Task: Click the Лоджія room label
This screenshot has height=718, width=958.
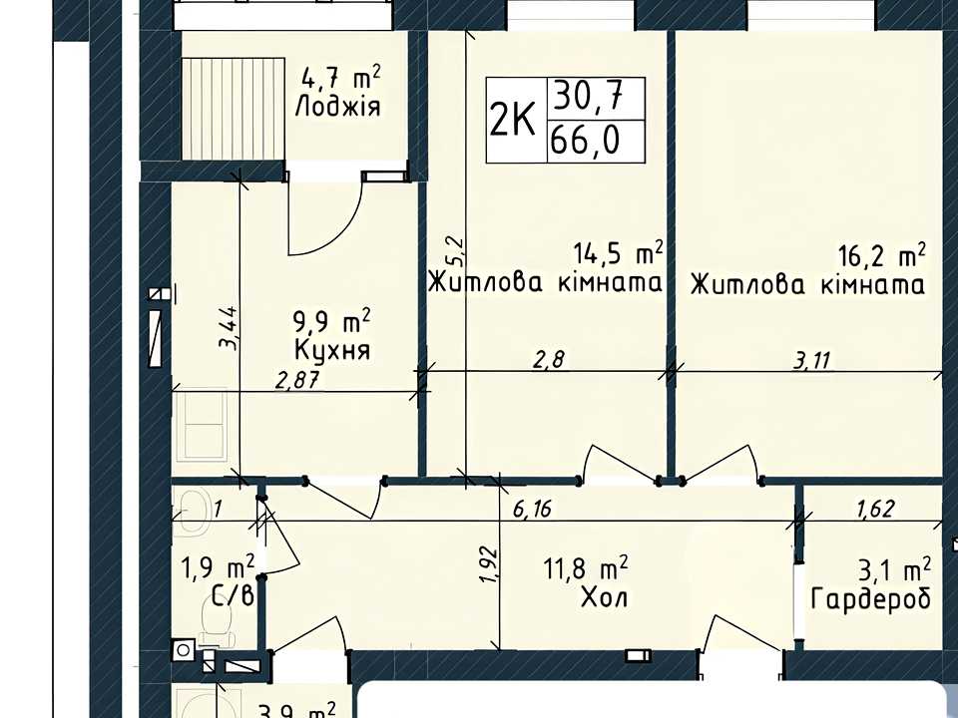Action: tap(337, 107)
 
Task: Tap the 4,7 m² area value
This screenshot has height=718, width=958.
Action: tap(341, 78)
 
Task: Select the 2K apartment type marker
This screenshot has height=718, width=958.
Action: tap(513, 120)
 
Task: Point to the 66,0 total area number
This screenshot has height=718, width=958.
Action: tap(585, 141)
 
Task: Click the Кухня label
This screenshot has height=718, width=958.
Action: tap(331, 350)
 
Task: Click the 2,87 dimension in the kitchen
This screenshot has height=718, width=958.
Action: tap(297, 381)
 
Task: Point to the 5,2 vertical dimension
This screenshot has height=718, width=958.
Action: tap(456, 250)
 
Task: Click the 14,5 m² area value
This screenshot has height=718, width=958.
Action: tap(619, 252)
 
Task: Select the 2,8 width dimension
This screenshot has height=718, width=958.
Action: tap(550, 360)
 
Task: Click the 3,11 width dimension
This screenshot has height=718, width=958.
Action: tap(812, 361)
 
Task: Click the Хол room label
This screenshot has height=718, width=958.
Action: tap(604, 597)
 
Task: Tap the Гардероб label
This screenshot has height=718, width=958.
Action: tap(871, 598)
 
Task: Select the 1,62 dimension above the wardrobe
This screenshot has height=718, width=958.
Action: tap(875, 508)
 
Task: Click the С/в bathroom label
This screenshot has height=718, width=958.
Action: tap(233, 596)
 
